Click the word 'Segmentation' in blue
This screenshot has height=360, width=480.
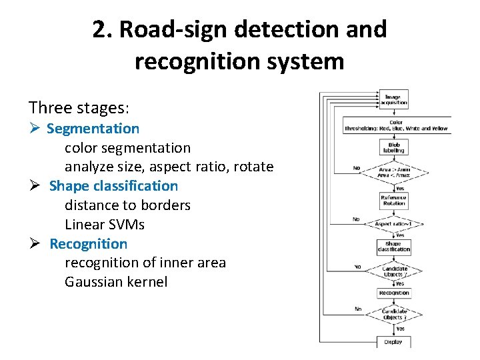(93, 128)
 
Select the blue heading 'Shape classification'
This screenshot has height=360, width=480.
(113, 186)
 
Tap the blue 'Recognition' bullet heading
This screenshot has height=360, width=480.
(88, 244)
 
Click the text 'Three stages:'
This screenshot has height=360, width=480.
(79, 107)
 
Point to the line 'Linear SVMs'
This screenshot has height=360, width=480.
(104, 225)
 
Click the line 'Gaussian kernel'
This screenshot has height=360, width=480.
(115, 282)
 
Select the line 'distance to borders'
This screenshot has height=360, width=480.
(127, 205)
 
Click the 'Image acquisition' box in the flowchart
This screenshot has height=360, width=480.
(393, 100)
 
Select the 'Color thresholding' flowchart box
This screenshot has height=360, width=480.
(397, 125)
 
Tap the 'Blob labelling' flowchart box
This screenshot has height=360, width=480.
(393, 147)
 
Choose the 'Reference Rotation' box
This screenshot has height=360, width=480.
(393, 201)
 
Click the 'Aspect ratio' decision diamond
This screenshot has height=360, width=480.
(393, 224)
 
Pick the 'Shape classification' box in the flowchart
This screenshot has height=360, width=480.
(393, 247)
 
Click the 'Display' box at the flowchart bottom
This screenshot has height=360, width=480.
(393, 342)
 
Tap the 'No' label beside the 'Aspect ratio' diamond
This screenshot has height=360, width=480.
(357, 219)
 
